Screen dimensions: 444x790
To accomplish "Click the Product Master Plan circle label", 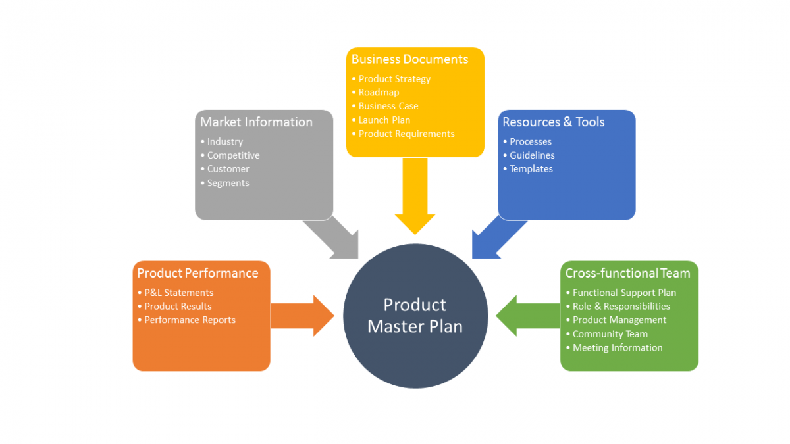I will pos(415,316).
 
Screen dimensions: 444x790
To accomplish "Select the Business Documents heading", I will pos(409,59).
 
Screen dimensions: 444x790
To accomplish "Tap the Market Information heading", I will pos(256,122).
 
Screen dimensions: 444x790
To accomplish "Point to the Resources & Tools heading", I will pos(553,122).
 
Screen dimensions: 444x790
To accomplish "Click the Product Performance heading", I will pos(197,273).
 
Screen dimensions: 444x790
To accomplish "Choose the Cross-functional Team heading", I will pos(627,273).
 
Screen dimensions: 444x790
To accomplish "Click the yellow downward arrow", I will pos(415,194).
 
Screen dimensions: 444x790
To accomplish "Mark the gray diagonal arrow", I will pos(332,238).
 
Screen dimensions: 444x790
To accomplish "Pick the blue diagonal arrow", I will pos(498,238).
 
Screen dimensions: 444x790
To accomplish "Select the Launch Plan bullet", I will pos(384,120).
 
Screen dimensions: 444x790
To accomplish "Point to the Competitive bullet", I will pos(233,155).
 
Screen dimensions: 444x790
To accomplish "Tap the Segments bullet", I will pos(228,183).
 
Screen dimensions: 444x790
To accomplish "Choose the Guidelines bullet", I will pos(532,155).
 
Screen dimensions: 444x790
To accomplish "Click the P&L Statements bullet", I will pos(178,293).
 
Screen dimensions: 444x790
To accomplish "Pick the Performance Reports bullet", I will pos(190,320).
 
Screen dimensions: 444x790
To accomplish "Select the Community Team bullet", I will pos(610,333).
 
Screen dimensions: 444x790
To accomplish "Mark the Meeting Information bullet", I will pos(618,347).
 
